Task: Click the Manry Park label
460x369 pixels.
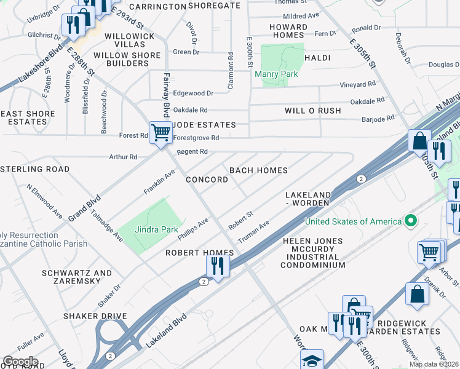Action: tap(276, 74)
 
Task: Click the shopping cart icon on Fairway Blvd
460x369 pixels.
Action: tap(161, 132)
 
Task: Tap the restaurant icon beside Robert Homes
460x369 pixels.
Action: tap(218, 265)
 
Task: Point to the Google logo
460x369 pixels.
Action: tap(20, 362)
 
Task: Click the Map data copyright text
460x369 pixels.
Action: tap(434, 364)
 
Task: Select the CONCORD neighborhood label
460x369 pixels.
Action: tap(207, 180)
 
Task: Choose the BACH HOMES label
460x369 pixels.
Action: tap(258, 170)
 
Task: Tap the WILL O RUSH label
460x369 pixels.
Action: tap(312, 111)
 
